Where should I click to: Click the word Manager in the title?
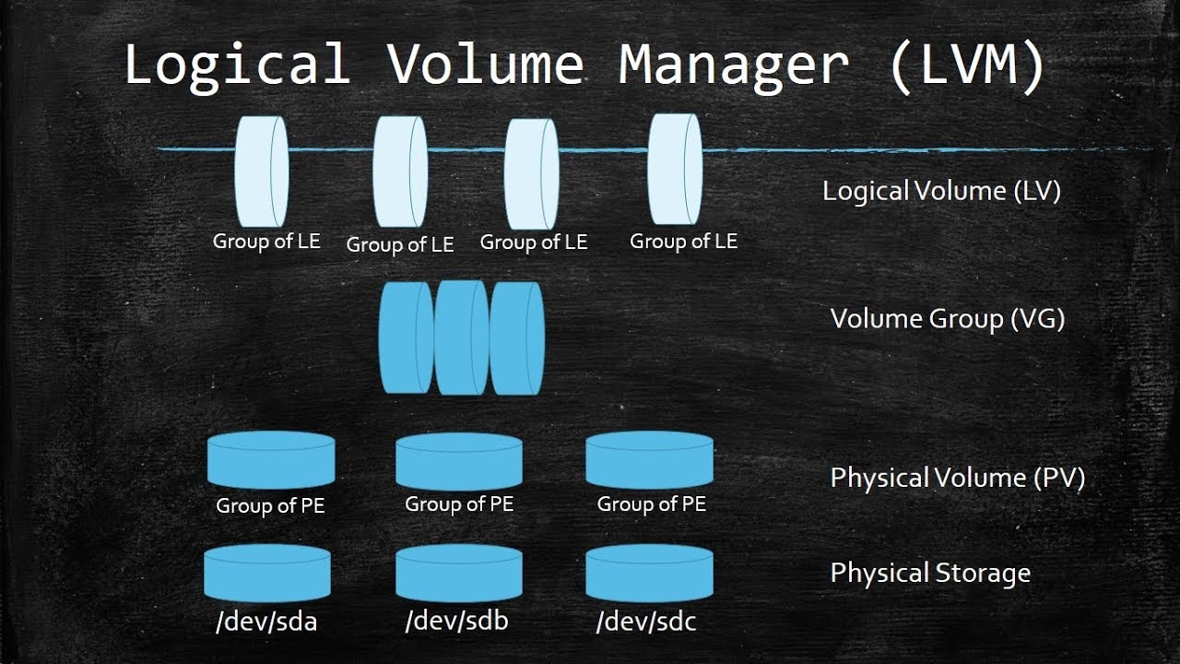coord(733,65)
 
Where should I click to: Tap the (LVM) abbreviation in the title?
coord(967,65)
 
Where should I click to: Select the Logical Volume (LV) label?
coord(941,191)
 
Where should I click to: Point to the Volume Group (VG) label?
coord(948,319)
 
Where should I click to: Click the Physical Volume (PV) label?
coord(958,478)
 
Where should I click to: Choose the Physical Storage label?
coord(930,573)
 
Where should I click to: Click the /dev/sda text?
coord(265,622)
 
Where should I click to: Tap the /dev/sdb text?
coord(456,621)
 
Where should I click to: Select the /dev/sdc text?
coord(646,622)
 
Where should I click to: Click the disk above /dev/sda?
coord(267,573)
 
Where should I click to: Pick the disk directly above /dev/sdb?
coord(458,573)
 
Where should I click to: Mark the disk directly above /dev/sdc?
coord(649,573)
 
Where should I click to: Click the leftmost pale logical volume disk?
coord(262,172)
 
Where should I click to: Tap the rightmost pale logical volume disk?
coord(675,170)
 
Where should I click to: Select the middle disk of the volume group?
coord(461,338)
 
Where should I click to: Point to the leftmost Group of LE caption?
coord(266,242)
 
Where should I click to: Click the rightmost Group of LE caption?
coord(683,242)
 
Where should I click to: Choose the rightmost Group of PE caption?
coord(651,504)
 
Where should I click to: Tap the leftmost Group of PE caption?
coord(270,506)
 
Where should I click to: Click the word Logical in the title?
coord(237,65)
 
